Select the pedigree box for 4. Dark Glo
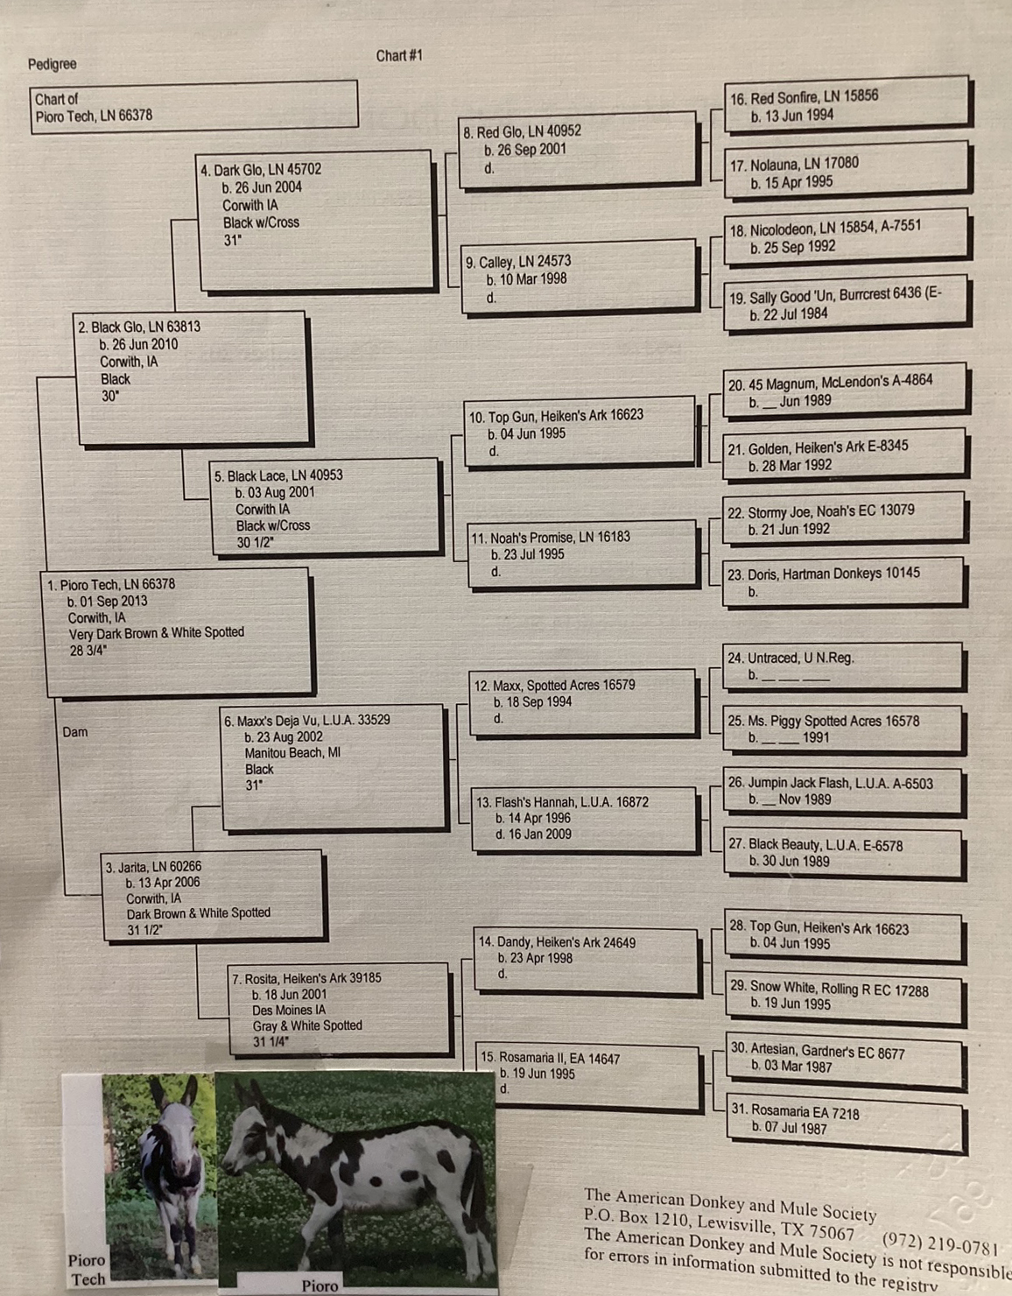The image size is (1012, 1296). pyautogui.click(x=315, y=219)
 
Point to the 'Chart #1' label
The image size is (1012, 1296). pyautogui.click(x=399, y=56)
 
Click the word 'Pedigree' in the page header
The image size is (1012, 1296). pyautogui.click(x=52, y=64)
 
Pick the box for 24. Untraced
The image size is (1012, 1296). pyautogui.click(x=844, y=666)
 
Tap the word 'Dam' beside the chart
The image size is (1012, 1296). pyautogui.click(x=75, y=732)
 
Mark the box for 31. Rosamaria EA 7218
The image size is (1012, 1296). pyautogui.click(x=846, y=1121)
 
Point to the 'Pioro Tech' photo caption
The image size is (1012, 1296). pyautogui.click(x=87, y=1269)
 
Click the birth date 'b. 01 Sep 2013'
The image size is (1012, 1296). pyautogui.click(x=107, y=602)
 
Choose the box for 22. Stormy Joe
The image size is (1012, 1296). pyautogui.click(x=844, y=519)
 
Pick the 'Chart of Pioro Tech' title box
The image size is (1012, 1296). pyautogui.click(x=194, y=107)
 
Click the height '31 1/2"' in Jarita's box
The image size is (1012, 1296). pyautogui.click(x=144, y=930)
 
